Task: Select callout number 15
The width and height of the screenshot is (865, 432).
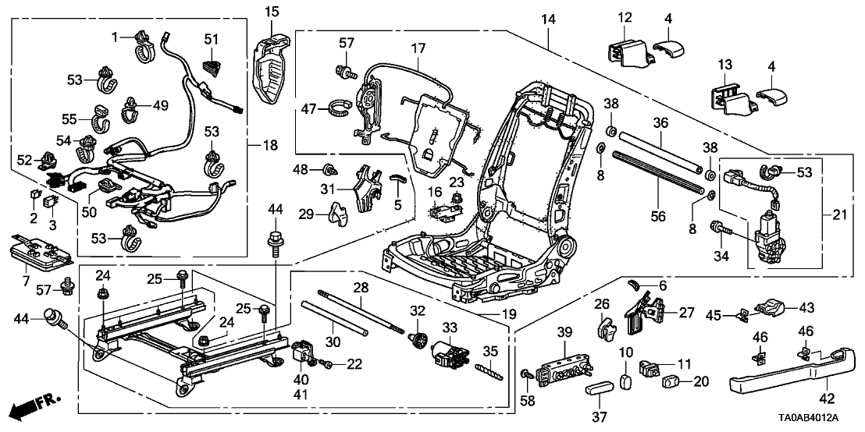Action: point(271,11)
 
